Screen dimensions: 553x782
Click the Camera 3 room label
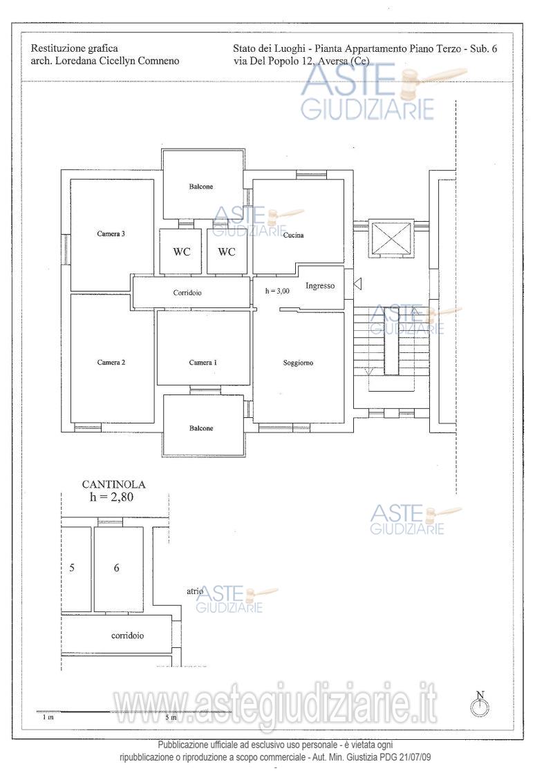[111, 233]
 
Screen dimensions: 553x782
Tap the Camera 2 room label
[111, 362]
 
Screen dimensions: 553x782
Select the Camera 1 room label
[203, 362]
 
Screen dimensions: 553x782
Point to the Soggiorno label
[298, 363]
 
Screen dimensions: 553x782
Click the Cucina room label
[294, 235]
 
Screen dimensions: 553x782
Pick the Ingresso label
[320, 286]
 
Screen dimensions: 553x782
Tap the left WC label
[182, 252]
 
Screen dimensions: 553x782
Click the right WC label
[227, 252]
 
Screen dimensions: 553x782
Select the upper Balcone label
[200, 187]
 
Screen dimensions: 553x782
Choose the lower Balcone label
[200, 428]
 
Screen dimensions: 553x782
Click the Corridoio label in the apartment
[187, 293]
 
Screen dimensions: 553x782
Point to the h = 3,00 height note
[277, 291]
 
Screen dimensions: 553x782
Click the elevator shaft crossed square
[391, 239]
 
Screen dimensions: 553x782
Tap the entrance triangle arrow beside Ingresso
[357, 285]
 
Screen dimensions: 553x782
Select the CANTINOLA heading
[114, 484]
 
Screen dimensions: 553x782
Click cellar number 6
[116, 568]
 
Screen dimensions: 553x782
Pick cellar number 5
[72, 568]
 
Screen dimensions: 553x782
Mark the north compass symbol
[480, 704]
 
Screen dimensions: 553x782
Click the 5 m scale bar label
[171, 718]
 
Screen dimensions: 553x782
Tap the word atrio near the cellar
[195, 591]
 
